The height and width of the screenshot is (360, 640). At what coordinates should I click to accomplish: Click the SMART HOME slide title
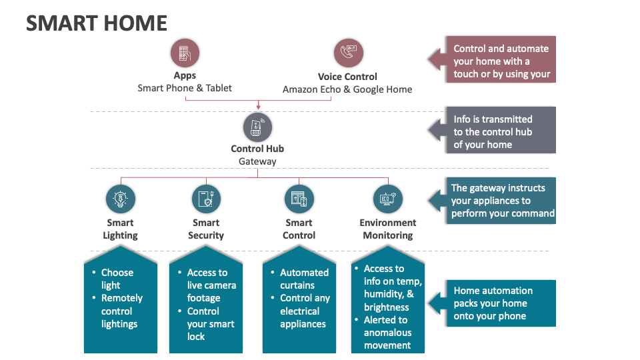(96, 23)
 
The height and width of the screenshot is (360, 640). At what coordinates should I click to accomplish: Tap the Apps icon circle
(185, 53)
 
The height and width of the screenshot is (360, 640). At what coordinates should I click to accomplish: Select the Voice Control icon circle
(347, 53)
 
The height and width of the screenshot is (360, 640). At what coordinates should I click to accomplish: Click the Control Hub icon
(257, 127)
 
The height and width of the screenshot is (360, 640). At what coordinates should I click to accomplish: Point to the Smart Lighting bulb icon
(120, 199)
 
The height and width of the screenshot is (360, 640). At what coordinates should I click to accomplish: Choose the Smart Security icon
(206, 199)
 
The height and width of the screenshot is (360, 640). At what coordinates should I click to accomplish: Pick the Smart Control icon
(299, 199)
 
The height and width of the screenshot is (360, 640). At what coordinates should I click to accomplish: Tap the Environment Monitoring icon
(388, 199)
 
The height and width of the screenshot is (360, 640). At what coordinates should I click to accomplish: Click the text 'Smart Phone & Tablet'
(185, 88)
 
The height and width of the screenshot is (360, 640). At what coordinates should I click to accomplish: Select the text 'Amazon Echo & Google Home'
(347, 89)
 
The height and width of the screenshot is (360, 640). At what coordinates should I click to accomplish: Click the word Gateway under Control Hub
(257, 161)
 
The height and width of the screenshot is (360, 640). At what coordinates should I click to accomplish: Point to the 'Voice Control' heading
(347, 77)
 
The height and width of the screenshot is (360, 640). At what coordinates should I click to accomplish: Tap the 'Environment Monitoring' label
(388, 229)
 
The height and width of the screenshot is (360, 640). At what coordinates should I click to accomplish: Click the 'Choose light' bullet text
(117, 279)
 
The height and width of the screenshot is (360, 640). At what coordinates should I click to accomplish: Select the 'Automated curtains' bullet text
(304, 279)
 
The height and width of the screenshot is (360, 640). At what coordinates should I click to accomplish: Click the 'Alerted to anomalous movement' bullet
(387, 333)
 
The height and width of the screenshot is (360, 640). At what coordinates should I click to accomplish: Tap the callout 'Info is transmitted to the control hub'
(493, 132)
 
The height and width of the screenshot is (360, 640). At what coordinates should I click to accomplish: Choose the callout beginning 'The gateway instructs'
(502, 201)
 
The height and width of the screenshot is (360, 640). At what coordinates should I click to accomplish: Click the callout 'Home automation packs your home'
(493, 303)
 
